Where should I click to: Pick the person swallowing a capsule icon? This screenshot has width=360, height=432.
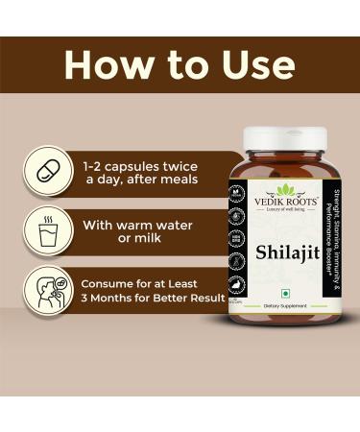pos(48,291)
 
